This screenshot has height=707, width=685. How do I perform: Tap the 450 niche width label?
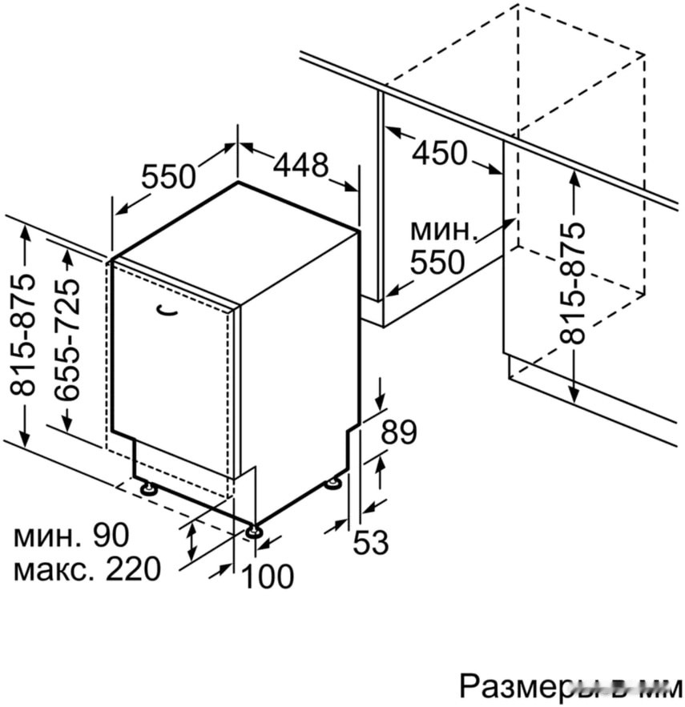tap(439, 152)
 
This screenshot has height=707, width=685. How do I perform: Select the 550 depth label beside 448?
tap(168, 175)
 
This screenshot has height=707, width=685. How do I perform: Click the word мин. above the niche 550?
tap(444, 231)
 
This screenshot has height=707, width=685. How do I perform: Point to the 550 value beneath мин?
tap(437, 261)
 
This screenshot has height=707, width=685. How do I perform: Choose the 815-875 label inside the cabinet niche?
tap(574, 283)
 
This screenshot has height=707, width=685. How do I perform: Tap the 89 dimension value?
tap(398, 432)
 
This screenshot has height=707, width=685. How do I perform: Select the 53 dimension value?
tap(371, 544)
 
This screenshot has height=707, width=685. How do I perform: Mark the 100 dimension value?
tap(268, 576)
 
